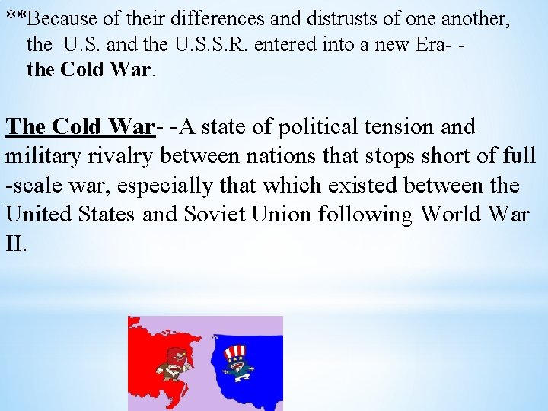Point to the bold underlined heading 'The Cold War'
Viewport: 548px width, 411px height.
80,126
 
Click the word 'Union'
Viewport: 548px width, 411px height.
285,215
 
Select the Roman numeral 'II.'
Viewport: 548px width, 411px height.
17,244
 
